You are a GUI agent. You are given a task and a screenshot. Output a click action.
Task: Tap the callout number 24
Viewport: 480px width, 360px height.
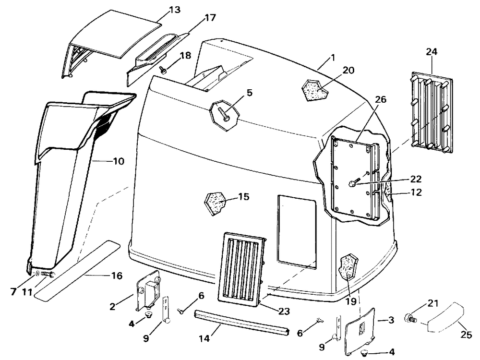(431, 50)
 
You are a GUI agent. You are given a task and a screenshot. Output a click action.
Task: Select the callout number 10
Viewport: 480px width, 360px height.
(118, 161)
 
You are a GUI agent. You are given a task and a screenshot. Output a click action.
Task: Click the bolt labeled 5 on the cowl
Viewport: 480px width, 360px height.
(224, 115)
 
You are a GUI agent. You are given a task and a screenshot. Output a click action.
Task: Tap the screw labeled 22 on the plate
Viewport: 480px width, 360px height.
(353, 183)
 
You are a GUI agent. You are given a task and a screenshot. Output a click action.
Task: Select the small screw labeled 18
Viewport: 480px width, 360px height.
(163, 70)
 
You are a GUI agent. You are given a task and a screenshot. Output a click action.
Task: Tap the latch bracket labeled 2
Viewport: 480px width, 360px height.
(149, 290)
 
